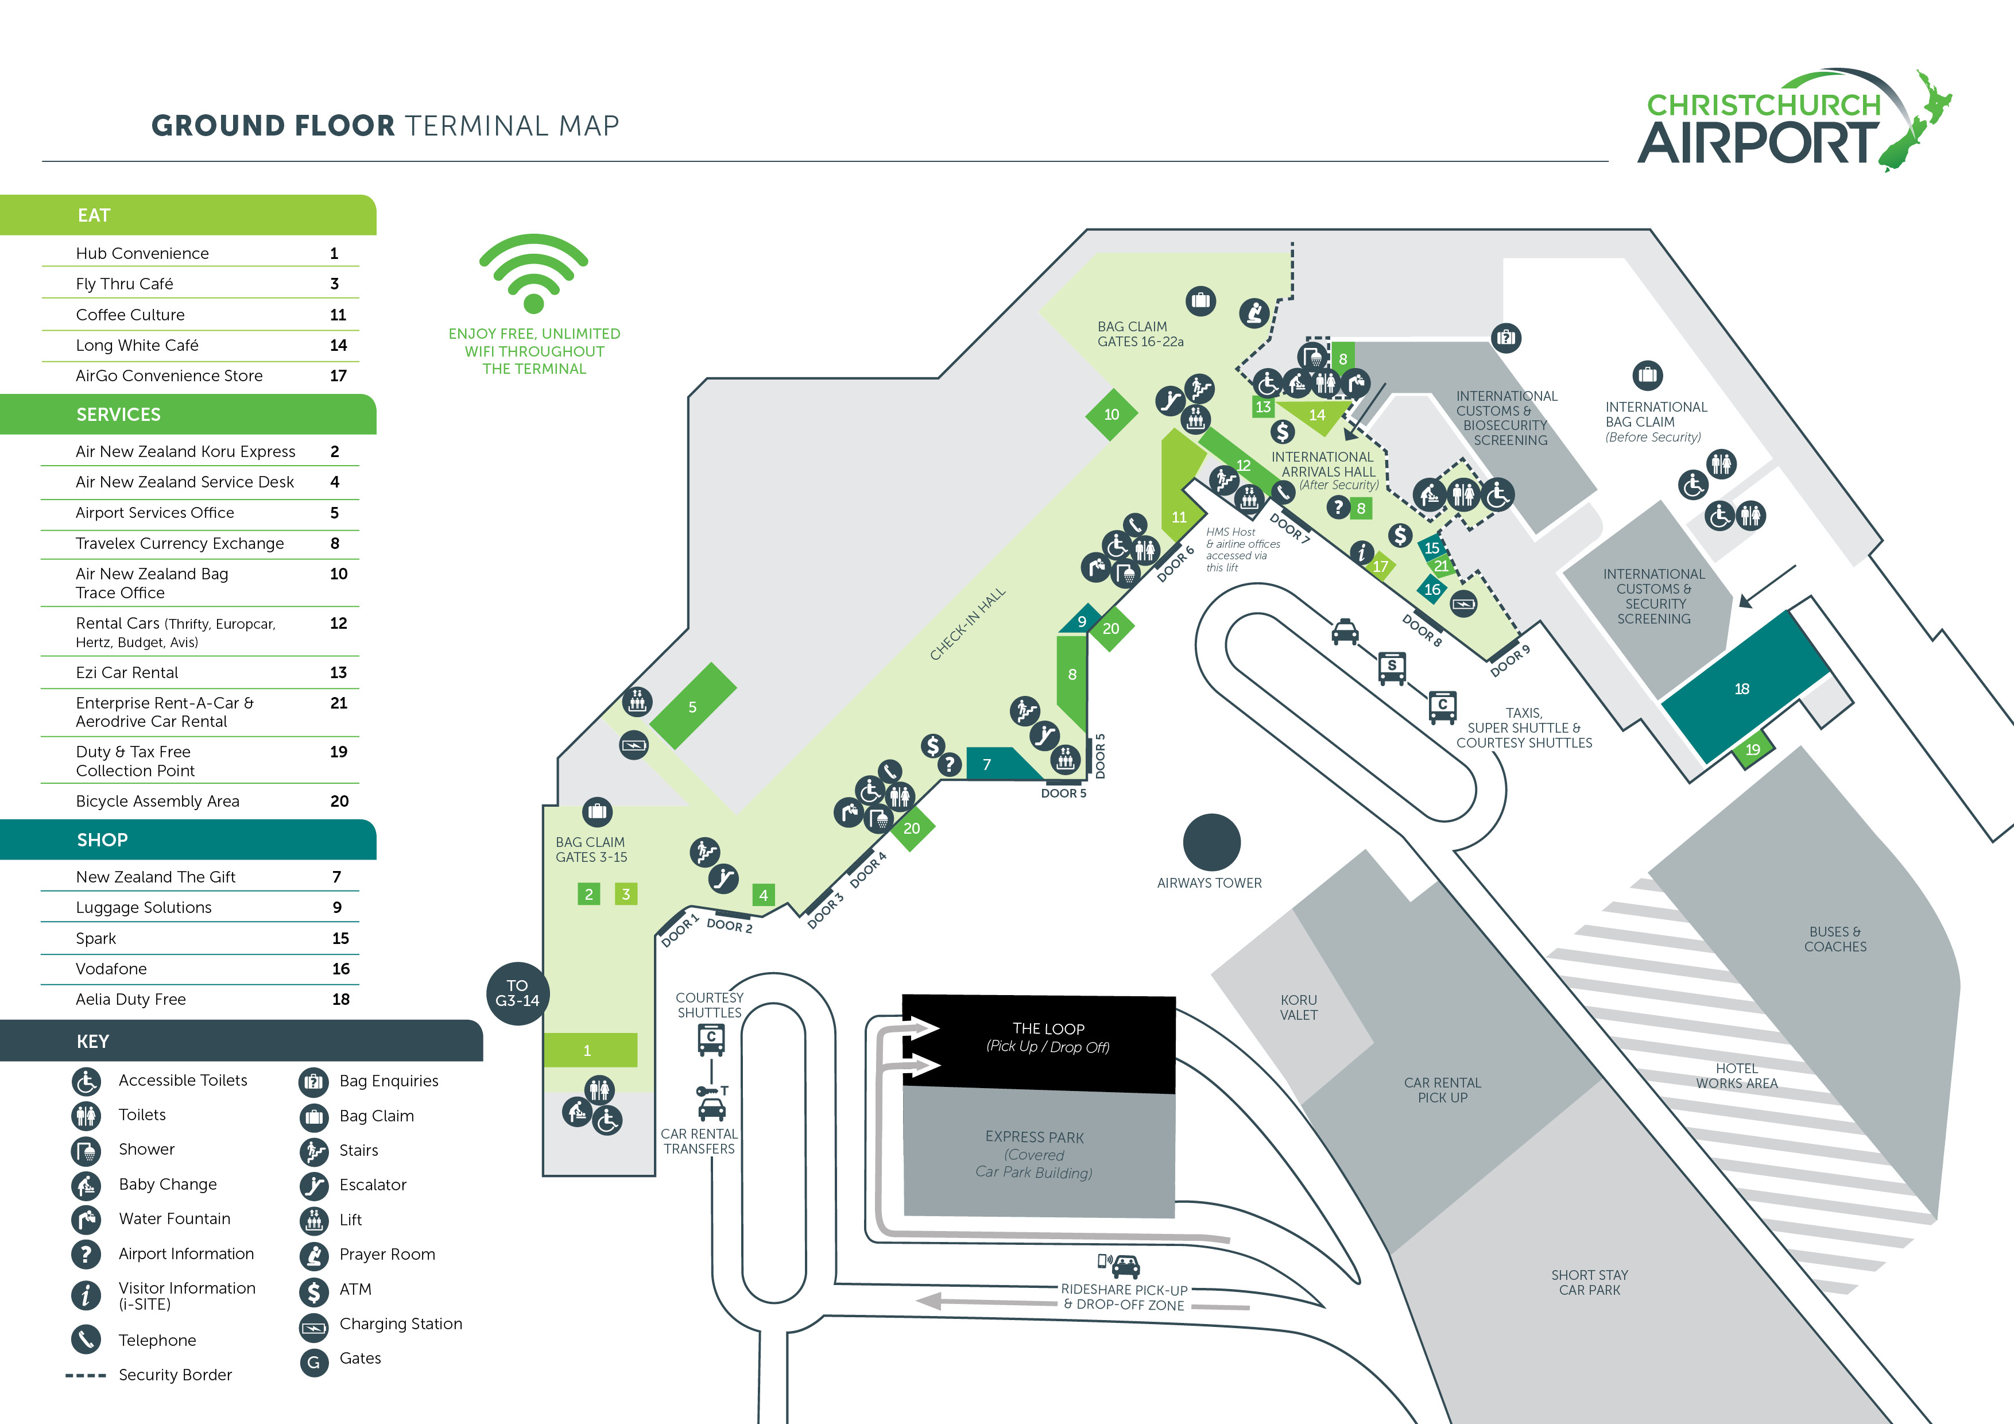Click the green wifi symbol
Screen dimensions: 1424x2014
(x=533, y=274)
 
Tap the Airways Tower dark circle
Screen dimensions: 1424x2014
(x=1211, y=842)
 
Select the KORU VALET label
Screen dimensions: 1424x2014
(x=1298, y=1007)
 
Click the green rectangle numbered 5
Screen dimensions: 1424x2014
(x=693, y=706)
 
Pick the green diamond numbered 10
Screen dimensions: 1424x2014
(x=1111, y=414)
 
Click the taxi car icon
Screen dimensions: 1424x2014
(x=1345, y=631)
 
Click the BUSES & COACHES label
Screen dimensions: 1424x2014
(x=1835, y=939)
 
